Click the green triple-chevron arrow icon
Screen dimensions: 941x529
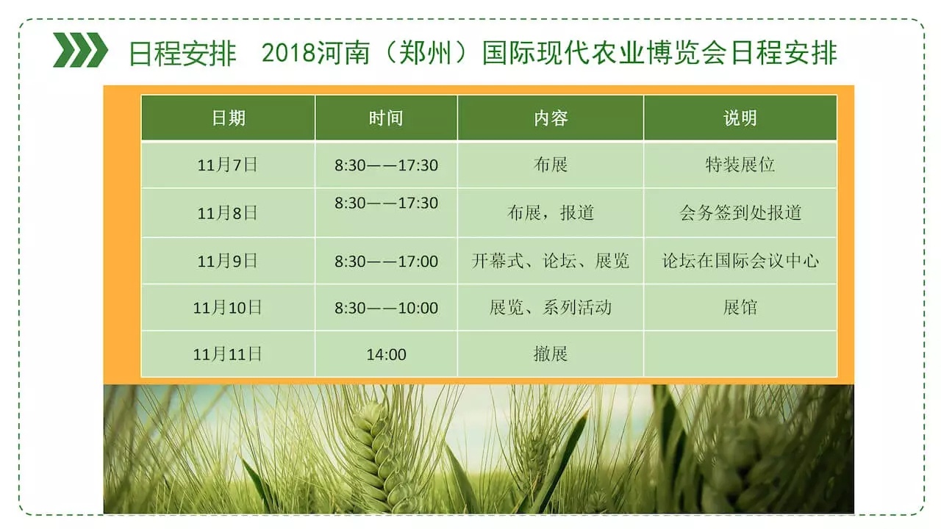[80, 50]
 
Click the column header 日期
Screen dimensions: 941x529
[229, 118]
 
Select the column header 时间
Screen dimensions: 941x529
[386, 118]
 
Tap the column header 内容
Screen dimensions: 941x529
[551, 118]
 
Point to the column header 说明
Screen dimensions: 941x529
[740, 118]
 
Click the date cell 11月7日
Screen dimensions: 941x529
[227, 165]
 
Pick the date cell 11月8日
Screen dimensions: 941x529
[227, 213]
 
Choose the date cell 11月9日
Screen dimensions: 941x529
[227, 261]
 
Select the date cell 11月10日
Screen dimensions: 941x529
[227, 308]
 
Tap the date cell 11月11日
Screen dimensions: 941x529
[227, 354]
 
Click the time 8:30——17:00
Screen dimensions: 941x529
[386, 262]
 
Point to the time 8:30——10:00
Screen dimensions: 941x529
[386, 308]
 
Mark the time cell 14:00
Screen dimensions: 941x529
[386, 355]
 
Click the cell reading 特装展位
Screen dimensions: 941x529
[740, 165]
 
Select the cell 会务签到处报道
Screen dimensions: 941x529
[740, 213]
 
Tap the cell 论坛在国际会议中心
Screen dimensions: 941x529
[740, 261]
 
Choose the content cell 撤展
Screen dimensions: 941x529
[551, 354]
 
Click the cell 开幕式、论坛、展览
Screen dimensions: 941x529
[551, 261]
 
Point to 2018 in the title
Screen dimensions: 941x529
[288, 54]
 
